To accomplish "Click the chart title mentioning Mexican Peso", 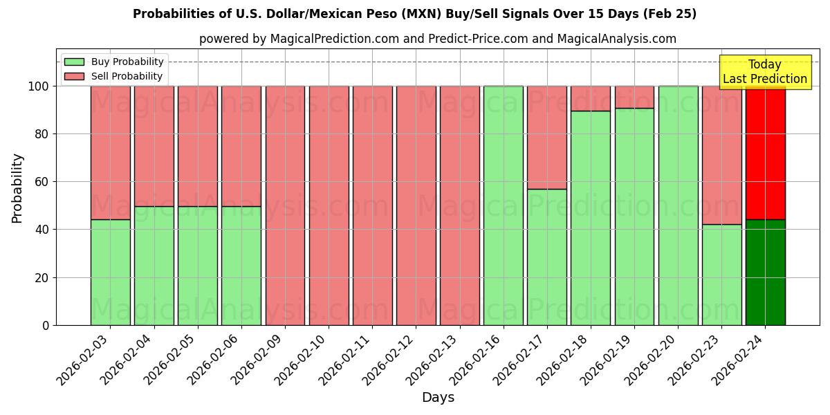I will (x=414, y=14).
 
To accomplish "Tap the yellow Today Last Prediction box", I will (x=764, y=72).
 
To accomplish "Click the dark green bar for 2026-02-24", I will (x=765, y=273).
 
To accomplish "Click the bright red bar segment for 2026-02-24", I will (x=765, y=152).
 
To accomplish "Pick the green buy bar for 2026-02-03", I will (x=110, y=273).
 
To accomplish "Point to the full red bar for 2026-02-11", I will (x=372, y=205).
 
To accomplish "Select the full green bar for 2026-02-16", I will (x=503, y=205).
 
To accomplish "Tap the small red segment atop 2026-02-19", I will (x=634, y=97).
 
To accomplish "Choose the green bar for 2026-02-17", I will (x=546, y=257).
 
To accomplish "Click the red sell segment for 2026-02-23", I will (x=721, y=155).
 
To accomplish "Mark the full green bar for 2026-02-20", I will (x=678, y=205).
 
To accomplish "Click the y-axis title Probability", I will (x=17, y=187).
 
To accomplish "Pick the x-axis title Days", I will (x=438, y=398).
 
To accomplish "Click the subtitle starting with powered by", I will (x=437, y=39).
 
